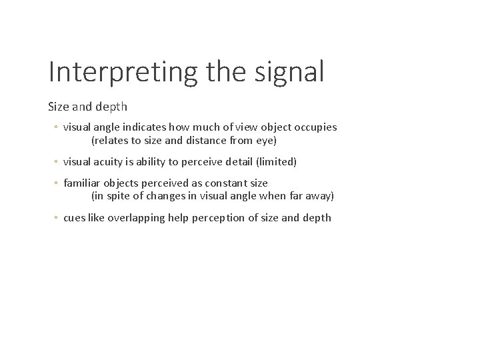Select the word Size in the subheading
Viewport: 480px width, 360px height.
pos(57,107)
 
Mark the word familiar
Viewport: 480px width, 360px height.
pos(81,183)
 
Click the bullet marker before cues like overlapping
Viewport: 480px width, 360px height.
pos(57,218)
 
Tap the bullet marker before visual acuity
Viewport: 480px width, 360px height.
pos(57,161)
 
